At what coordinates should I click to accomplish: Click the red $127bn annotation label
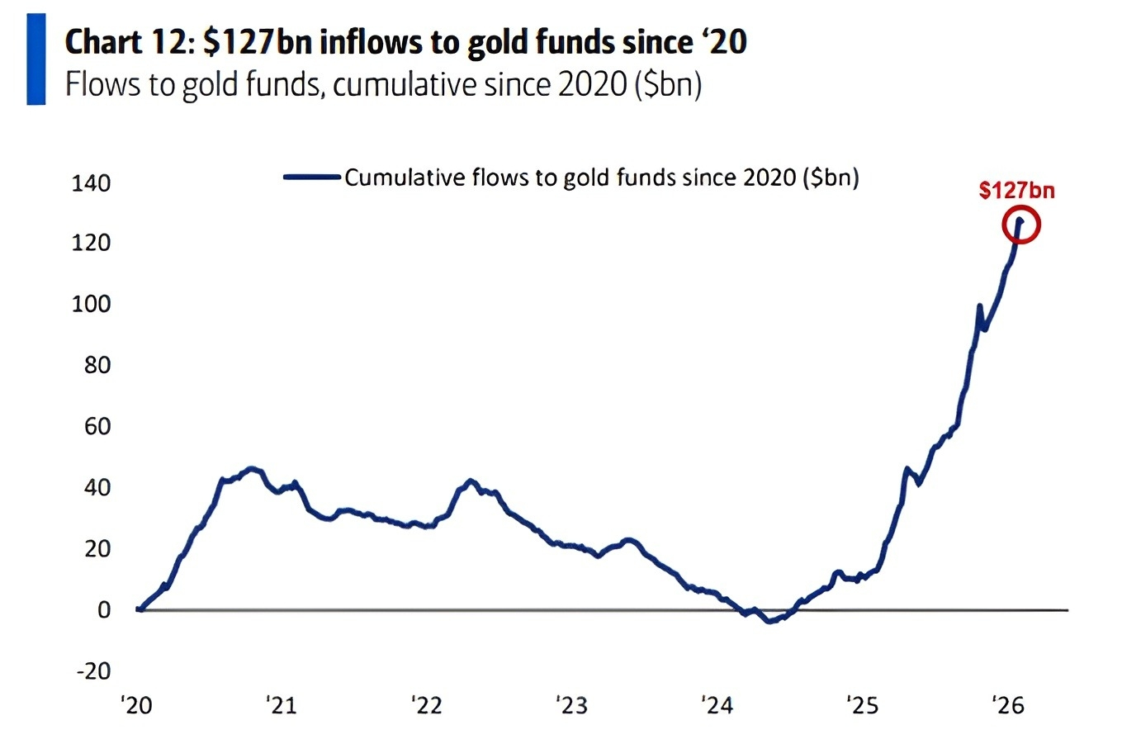click(x=1016, y=191)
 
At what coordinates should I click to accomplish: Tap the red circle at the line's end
click(x=1020, y=225)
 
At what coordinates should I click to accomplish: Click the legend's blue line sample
click(x=311, y=177)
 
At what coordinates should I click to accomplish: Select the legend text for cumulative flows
click(x=602, y=178)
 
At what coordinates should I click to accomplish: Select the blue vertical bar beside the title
click(x=36, y=59)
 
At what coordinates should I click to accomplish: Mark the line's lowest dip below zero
click(x=771, y=621)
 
